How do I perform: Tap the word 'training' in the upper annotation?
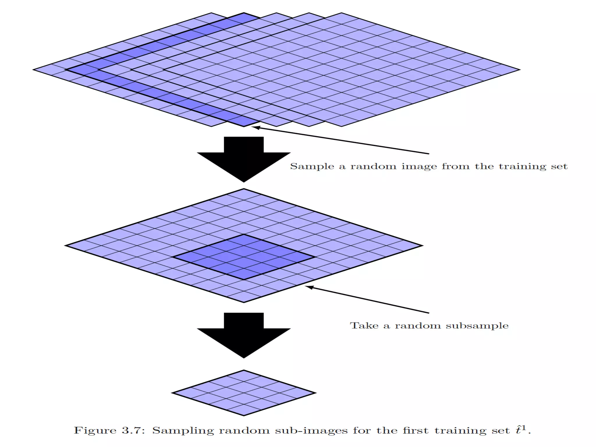pyautogui.click(x=522, y=166)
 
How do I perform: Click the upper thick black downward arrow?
pyautogui.click(x=244, y=159)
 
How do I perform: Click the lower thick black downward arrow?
pyautogui.click(x=244, y=335)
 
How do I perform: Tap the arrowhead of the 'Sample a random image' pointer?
pyautogui.click(x=254, y=127)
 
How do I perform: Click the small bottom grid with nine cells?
pyautogui.click(x=244, y=393)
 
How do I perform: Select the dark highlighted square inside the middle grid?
pyautogui.click(x=244, y=257)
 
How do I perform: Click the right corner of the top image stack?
pyautogui.click(x=519, y=70)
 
